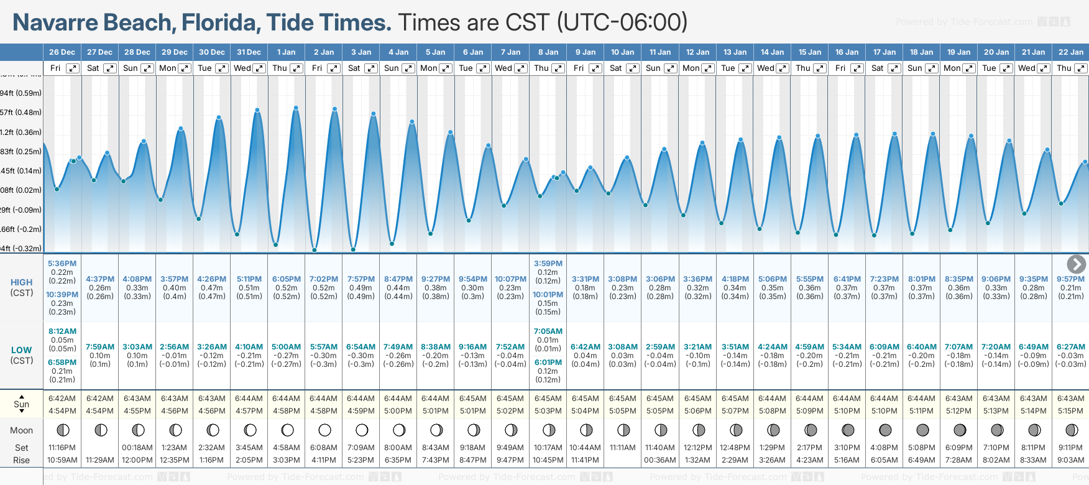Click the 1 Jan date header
point(287,52)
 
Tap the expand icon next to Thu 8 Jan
point(558,68)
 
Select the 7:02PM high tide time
point(324,279)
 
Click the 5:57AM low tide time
point(324,347)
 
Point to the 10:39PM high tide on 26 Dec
point(62,295)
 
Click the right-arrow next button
point(1076,264)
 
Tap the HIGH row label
point(21,282)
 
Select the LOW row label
point(21,350)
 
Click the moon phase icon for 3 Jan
point(362,430)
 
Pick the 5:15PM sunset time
point(1070,411)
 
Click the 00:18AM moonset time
point(137,448)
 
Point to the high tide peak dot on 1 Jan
point(296,108)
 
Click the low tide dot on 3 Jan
point(353,250)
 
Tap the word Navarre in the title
point(55,22)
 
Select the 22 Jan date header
point(1070,52)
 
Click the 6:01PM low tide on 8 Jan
point(548,363)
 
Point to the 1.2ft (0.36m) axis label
point(21,132)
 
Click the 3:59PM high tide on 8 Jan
point(548,264)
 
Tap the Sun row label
point(21,404)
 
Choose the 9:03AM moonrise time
point(1070,460)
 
